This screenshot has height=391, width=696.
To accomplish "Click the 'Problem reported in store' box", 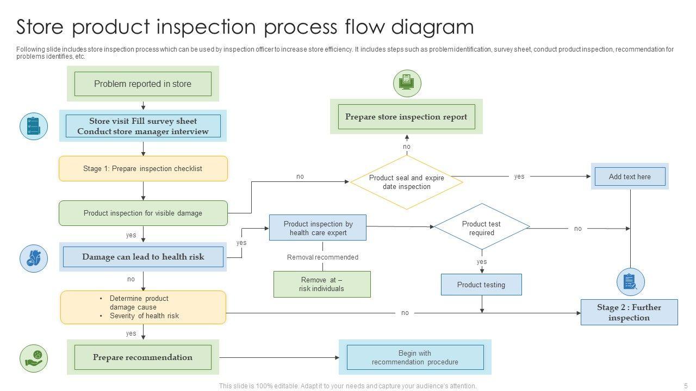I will click(142, 84).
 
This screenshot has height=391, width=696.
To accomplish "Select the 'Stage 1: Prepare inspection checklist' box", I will click(143, 168).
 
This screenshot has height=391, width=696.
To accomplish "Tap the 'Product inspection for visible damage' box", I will click(143, 213).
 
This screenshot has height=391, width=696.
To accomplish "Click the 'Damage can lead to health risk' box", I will click(143, 257).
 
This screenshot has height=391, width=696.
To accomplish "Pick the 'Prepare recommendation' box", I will click(142, 357).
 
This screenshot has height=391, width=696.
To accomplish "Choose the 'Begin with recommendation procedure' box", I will click(415, 357).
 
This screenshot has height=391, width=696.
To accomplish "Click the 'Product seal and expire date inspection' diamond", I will click(407, 182).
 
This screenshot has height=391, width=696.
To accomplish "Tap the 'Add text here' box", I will click(630, 176).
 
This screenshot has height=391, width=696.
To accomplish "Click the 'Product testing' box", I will click(481, 285).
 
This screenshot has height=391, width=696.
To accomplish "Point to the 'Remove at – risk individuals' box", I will click(322, 284).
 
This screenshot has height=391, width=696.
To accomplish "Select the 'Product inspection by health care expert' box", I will click(318, 228).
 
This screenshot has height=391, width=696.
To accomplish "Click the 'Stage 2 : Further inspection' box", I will click(629, 312).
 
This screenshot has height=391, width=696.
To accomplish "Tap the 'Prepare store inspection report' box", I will click(406, 117).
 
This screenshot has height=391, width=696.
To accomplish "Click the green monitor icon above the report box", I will click(407, 83).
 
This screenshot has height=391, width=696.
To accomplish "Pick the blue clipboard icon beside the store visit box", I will click(34, 127).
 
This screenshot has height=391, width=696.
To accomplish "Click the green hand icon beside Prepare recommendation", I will click(34, 358).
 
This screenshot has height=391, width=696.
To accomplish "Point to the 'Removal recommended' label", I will click(322, 257).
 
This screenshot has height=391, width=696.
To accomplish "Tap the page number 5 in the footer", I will click(686, 386).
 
